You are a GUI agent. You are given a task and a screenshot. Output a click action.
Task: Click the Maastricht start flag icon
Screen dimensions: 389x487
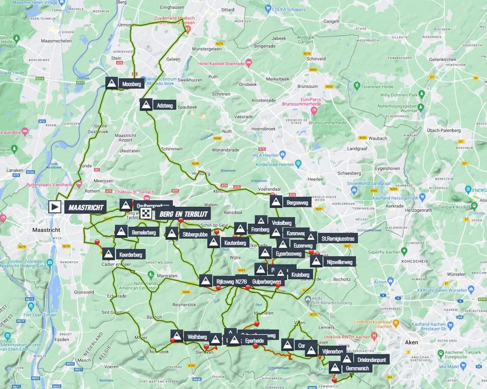pyautogui.click(x=55, y=207)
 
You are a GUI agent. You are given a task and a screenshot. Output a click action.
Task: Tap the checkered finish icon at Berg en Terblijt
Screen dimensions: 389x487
pyautogui.click(x=146, y=213)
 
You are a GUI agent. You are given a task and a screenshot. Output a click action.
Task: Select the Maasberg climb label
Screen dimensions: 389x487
pyautogui.click(x=131, y=84)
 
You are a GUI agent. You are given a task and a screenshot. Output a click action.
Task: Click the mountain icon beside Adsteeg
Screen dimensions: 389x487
pyautogui.click(x=146, y=105)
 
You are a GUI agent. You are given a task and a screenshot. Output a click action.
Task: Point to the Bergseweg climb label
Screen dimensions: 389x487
pyautogui.click(x=297, y=203)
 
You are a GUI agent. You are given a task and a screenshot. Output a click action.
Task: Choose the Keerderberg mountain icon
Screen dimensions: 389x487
pyautogui.click(x=108, y=254)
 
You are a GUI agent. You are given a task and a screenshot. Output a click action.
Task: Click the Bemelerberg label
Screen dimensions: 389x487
pyautogui.click(x=143, y=232)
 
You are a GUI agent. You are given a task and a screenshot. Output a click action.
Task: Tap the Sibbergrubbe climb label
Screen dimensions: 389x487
pyautogui.click(x=195, y=234)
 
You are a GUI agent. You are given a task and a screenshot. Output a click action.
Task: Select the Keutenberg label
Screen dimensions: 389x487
pyautogui.click(x=235, y=243)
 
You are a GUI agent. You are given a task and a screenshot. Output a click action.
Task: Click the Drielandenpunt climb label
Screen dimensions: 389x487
pyautogui.click(x=371, y=360)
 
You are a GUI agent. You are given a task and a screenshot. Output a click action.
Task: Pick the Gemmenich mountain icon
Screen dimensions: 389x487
pyautogui.click(x=335, y=368)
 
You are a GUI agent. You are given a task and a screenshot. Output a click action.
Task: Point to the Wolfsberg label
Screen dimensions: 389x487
pyautogui.click(x=197, y=337)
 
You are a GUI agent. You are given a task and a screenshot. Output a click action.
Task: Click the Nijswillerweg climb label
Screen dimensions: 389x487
pyautogui.click(x=339, y=262)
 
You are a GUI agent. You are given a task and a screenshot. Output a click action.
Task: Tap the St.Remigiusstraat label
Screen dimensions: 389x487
pyautogui.click(x=338, y=239)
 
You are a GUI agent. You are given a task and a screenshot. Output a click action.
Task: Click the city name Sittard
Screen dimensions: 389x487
pyautogui.click(x=228, y=10)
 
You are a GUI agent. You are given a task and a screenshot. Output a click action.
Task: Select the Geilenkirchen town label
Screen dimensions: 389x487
pyautogui.click(x=443, y=59)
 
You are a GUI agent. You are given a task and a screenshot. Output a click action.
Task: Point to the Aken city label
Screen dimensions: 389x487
pyautogui.click(x=411, y=342)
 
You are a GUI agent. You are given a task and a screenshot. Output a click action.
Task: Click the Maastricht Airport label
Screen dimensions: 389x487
pyautogui.click(x=125, y=138)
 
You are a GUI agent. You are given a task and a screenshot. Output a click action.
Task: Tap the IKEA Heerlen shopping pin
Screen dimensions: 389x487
pyautogui.click(x=283, y=155)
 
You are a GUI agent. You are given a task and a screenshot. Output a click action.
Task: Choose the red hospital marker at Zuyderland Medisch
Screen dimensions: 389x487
pyautogui.click(x=188, y=30)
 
